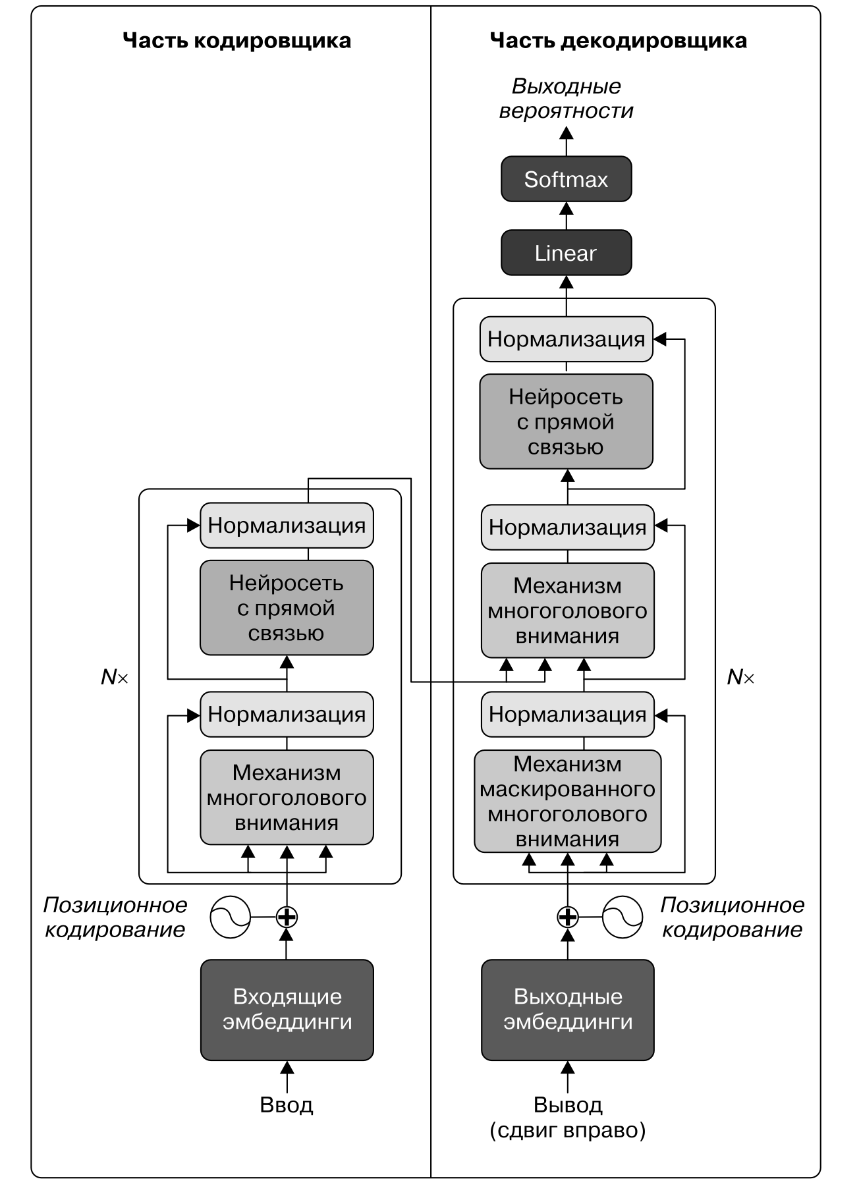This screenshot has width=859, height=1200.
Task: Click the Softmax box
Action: [566, 179]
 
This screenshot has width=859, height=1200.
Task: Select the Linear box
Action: [566, 253]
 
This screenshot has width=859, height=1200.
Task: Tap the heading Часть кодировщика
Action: [236, 41]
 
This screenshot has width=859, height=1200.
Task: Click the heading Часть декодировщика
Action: [618, 41]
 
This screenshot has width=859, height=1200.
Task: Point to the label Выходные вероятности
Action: [566, 99]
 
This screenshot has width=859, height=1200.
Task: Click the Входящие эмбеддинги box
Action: [287, 1009]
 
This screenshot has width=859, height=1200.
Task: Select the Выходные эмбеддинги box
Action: [567, 1009]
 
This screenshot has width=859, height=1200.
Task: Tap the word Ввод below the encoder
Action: [287, 1105]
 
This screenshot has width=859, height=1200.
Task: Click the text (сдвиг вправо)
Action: [567, 1130]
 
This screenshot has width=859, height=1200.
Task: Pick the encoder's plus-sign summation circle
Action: [287, 916]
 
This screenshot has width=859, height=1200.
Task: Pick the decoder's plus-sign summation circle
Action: [567, 916]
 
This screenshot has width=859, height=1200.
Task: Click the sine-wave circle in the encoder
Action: [231, 916]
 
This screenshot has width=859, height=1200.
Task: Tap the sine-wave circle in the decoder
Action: [623, 916]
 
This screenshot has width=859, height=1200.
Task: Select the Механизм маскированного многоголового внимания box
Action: [567, 802]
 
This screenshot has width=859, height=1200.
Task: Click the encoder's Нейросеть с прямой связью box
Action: [287, 608]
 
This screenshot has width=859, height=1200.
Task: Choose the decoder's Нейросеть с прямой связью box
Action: [566, 422]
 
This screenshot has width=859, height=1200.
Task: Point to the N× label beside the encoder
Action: [114, 677]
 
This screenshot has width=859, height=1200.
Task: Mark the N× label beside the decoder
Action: [740, 677]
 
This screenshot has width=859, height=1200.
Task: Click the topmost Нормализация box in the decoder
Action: [566, 339]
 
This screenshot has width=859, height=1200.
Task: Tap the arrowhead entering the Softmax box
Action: [566, 209]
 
